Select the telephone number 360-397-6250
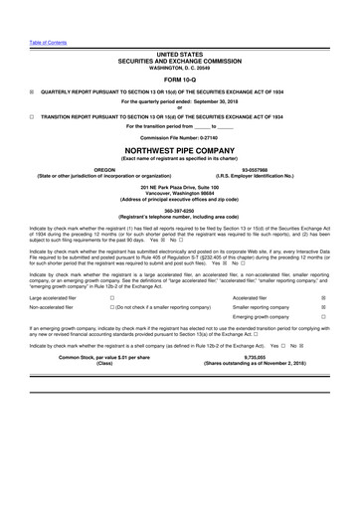point(180,224)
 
